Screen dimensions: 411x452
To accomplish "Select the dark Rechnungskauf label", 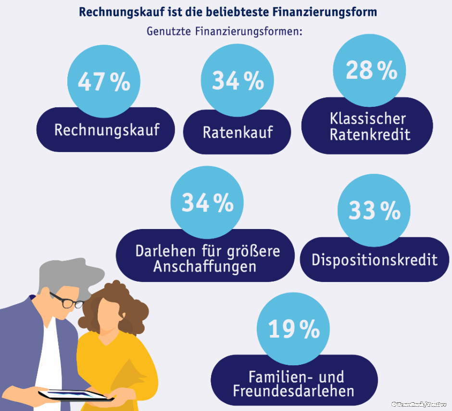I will pyautogui.click(x=106, y=130).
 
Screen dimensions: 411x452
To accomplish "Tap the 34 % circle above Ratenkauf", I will pyautogui.click(x=238, y=80).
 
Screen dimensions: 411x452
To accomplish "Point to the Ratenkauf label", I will pyautogui.click(x=238, y=132).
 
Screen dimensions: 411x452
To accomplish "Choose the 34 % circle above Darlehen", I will pyautogui.click(x=207, y=203).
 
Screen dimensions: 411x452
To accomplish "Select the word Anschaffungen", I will pyautogui.click(x=205, y=266).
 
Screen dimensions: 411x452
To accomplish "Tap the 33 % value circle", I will pyautogui.click(x=374, y=210).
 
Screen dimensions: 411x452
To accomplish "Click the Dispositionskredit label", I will pyautogui.click(x=375, y=260).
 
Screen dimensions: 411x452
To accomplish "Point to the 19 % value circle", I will pyautogui.click(x=294, y=329).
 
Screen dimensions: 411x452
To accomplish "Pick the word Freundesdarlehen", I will pyautogui.click(x=294, y=390).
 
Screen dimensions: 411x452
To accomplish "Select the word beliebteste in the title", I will pyautogui.click(x=229, y=12).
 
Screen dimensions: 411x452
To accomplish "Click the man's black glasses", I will pyautogui.click(x=68, y=301).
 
